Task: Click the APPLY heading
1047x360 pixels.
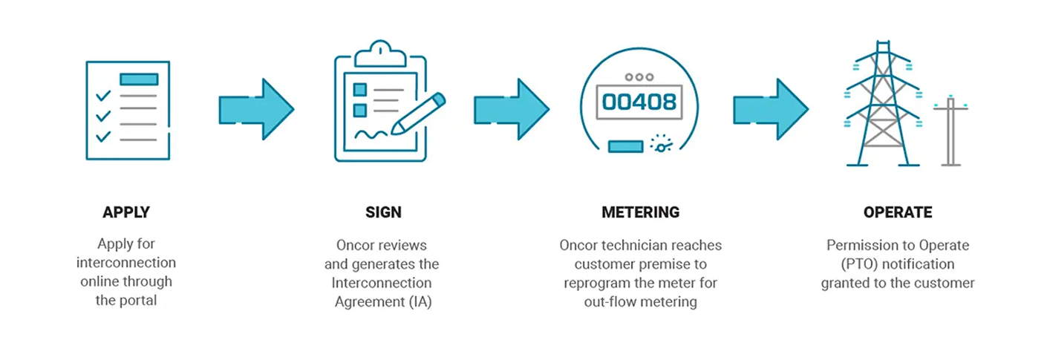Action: [126, 212]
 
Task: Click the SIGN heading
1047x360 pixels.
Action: [383, 212]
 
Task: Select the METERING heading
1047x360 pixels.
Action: [640, 212]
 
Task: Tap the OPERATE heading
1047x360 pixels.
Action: [897, 212]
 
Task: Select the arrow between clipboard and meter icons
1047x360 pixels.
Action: [512, 109]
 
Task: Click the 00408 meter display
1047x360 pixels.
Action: [639, 101]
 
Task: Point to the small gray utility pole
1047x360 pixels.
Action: [950, 134]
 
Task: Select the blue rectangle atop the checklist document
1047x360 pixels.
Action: [139, 79]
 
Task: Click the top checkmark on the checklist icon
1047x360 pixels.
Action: [103, 96]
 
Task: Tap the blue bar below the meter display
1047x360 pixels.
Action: [625, 147]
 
